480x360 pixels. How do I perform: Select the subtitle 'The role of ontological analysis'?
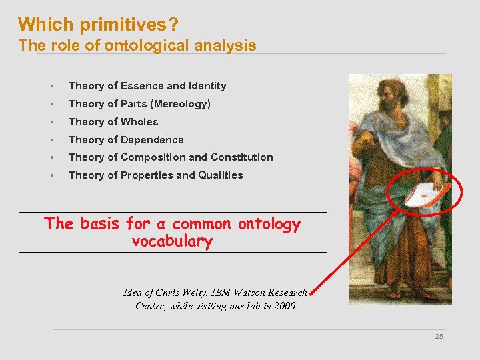[x=137, y=45]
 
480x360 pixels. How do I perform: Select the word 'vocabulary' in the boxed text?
[x=172, y=241]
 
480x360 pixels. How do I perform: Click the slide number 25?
[x=439, y=337]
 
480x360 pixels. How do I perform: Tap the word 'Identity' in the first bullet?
[x=208, y=86]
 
